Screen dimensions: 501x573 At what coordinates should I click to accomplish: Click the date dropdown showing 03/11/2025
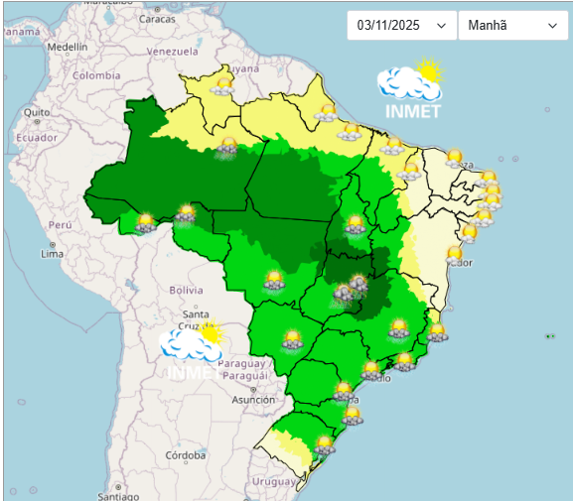pyautogui.click(x=401, y=26)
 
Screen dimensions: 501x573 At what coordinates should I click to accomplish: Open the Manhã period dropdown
pyautogui.click(x=512, y=26)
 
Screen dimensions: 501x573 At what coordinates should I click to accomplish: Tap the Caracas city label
pyautogui.click(x=157, y=19)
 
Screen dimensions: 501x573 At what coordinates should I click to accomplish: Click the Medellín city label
pyautogui.click(x=68, y=47)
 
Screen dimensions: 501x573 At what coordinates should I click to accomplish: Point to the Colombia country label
pyautogui.click(x=95, y=75)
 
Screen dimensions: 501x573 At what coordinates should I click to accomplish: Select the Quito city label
pyautogui.click(x=37, y=112)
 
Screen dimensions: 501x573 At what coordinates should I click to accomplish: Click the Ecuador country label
pyautogui.click(x=36, y=138)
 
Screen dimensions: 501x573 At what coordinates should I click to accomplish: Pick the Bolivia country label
pyautogui.click(x=186, y=290)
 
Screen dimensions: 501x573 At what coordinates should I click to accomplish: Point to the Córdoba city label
pyautogui.click(x=186, y=455)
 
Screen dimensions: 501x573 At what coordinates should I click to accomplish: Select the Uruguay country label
pyautogui.click(x=274, y=481)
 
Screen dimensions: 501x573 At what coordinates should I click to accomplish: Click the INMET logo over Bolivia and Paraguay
pyautogui.click(x=193, y=352)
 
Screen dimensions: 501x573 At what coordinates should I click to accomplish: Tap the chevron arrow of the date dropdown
pyautogui.click(x=441, y=27)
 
